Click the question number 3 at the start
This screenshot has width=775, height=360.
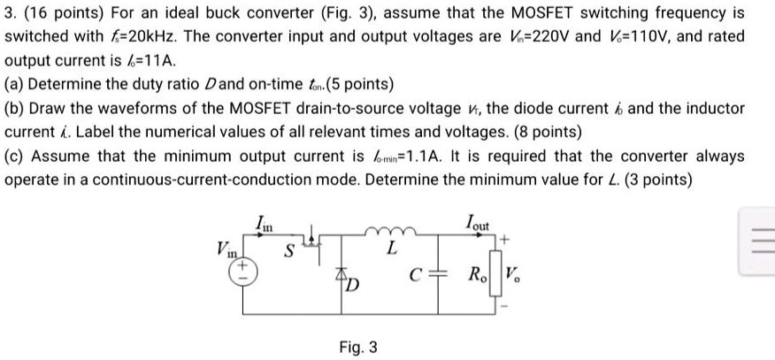click(x=9, y=14)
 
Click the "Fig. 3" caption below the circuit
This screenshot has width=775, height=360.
click(x=358, y=348)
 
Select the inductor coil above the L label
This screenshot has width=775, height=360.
click(x=389, y=234)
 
